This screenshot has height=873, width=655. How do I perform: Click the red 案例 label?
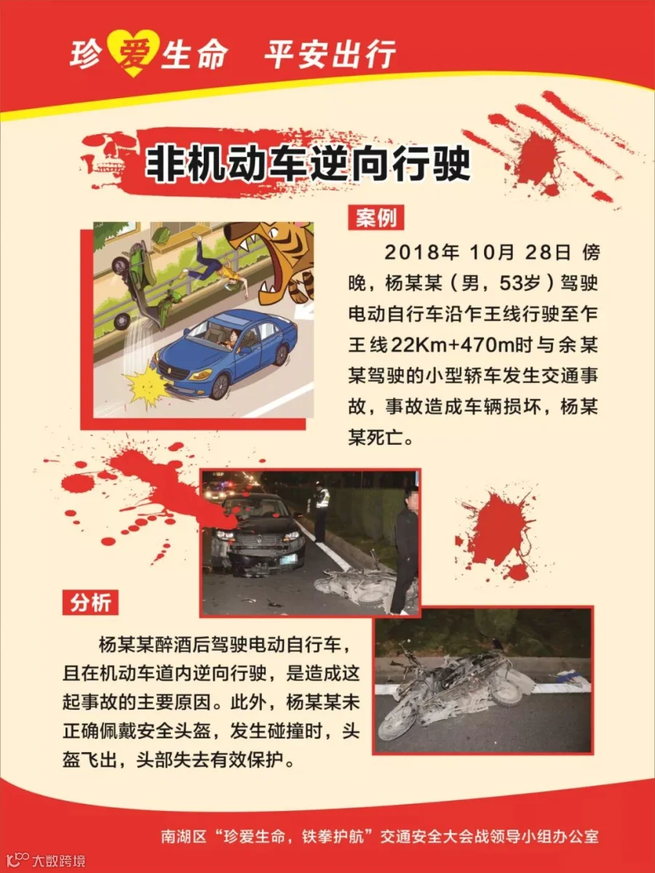(x=376, y=218)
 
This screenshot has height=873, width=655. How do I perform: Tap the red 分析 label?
(x=90, y=602)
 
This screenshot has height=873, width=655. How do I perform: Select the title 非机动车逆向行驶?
(x=308, y=163)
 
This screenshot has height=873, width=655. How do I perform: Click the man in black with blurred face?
(x=406, y=550)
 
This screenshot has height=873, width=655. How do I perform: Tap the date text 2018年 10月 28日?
(x=477, y=252)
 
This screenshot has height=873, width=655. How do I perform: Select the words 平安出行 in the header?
(x=330, y=55)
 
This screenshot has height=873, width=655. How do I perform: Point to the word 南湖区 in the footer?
(x=183, y=837)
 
